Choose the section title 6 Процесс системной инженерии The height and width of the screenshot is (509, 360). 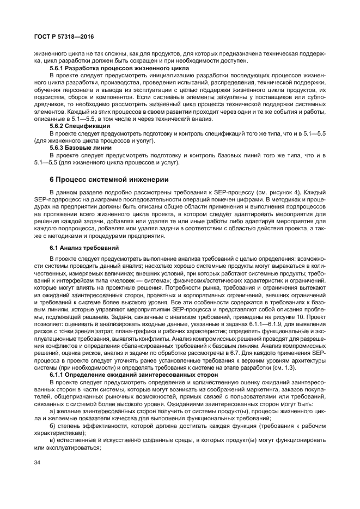click(102, 179)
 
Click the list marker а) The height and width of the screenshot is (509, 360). click(52, 412)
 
